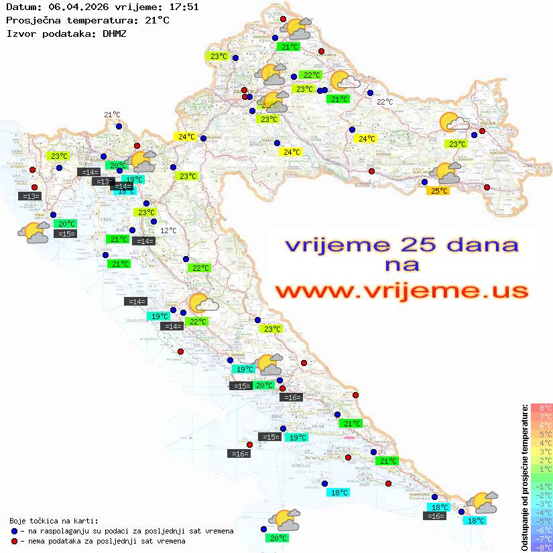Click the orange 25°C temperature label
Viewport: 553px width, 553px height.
[x=439, y=191]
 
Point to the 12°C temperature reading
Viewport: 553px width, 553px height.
[x=168, y=231]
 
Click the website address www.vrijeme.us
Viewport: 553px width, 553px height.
[x=401, y=291]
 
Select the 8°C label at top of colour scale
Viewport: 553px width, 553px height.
[x=541, y=408]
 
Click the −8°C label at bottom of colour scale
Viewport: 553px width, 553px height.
[x=541, y=547]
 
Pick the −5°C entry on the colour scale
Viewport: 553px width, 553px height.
[x=541, y=521]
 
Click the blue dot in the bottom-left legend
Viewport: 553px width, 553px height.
[x=15, y=531]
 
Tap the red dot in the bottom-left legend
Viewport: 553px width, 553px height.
[x=15, y=541]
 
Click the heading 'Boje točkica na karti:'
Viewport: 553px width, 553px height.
[x=54, y=521]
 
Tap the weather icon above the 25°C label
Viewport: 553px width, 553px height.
[x=447, y=173]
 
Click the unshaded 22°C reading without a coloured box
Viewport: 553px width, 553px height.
[x=385, y=102]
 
